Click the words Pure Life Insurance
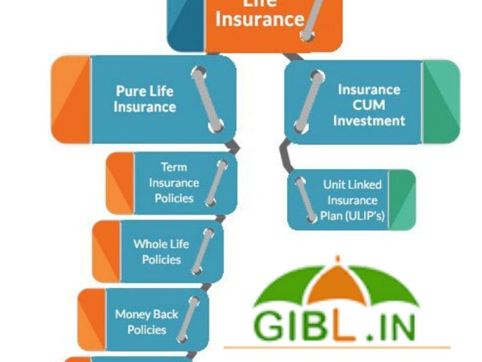(x=145, y=99)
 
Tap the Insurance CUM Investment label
(x=369, y=105)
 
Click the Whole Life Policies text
(x=161, y=252)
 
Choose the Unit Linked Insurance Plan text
(x=352, y=199)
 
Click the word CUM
(x=368, y=105)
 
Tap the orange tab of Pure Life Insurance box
(x=71, y=100)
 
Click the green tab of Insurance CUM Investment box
(x=441, y=101)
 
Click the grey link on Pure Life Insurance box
(x=208, y=99)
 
